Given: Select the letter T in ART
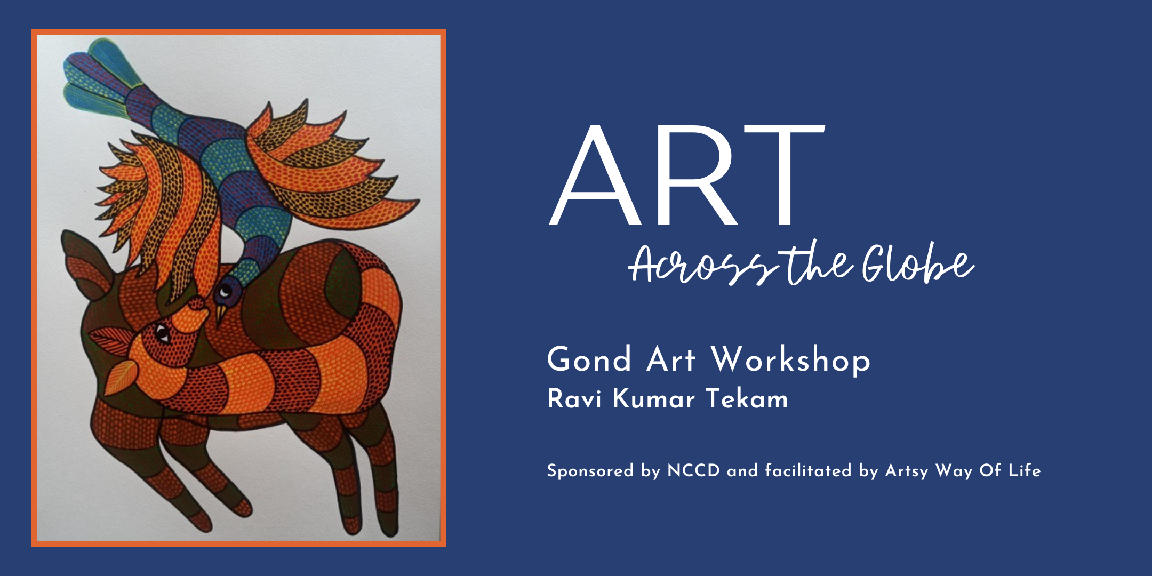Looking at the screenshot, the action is [786, 175].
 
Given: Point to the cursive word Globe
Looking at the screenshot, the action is [918, 262].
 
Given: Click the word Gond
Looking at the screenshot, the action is [589, 359].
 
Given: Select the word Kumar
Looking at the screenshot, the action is [654, 399].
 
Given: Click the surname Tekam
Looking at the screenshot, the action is [747, 399].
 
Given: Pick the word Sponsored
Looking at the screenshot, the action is [590, 471].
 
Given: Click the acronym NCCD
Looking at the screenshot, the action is [693, 471].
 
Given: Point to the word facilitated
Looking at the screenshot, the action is [808, 470].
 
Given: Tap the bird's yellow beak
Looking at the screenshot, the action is [220, 315].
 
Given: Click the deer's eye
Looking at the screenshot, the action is [162, 335].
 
